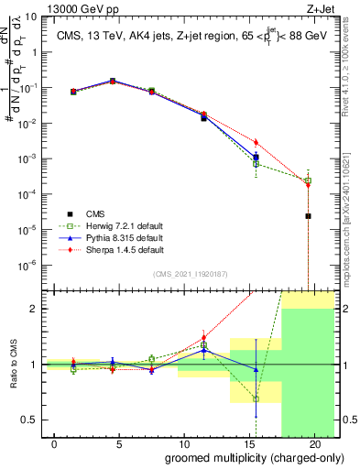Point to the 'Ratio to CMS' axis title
click(12, 365)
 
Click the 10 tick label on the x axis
click(184, 444)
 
